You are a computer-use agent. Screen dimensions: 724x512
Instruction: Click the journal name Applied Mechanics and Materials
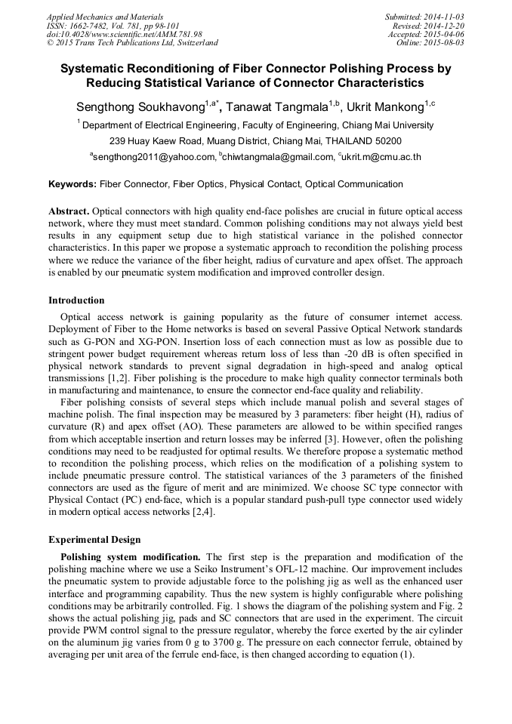point(104,17)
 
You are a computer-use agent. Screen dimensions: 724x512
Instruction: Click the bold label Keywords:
point(72,184)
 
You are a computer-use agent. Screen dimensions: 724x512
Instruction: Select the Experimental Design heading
point(94,540)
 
